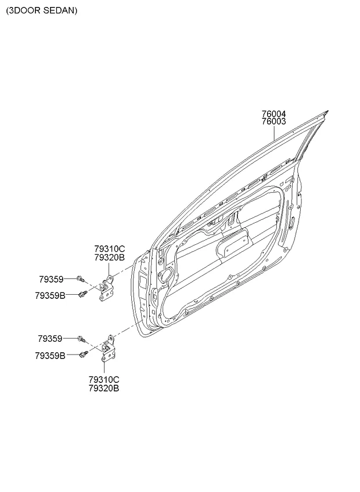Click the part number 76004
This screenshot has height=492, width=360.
coord(274,114)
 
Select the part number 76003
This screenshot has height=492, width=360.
coord(274,121)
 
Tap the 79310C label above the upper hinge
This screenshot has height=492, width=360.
coord(110,249)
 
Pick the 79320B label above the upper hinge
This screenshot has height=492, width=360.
coord(110,257)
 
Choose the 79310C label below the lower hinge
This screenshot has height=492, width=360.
coord(104,380)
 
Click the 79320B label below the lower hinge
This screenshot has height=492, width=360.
coord(104,388)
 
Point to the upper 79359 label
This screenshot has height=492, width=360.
coord(51,279)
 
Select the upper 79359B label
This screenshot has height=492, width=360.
coord(51,295)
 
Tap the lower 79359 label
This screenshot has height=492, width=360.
coord(50,339)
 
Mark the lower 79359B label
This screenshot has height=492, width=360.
coord(51,356)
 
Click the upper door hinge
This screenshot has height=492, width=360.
coord(106,288)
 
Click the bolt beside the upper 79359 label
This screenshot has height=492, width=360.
coord(80,278)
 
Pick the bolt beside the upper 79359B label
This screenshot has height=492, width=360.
coord(82,294)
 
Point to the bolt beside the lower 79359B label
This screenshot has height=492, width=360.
coord(84,354)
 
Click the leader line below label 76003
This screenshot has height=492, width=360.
coord(274,133)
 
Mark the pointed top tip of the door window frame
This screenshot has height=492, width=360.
coord(327,111)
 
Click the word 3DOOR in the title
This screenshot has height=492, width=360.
coord(24,10)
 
